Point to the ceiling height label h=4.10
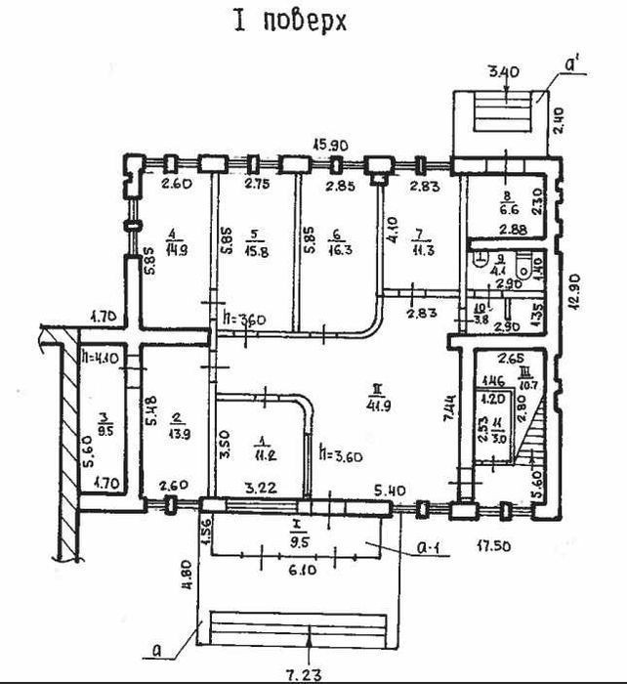click(101, 358)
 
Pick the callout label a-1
click(428, 550)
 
